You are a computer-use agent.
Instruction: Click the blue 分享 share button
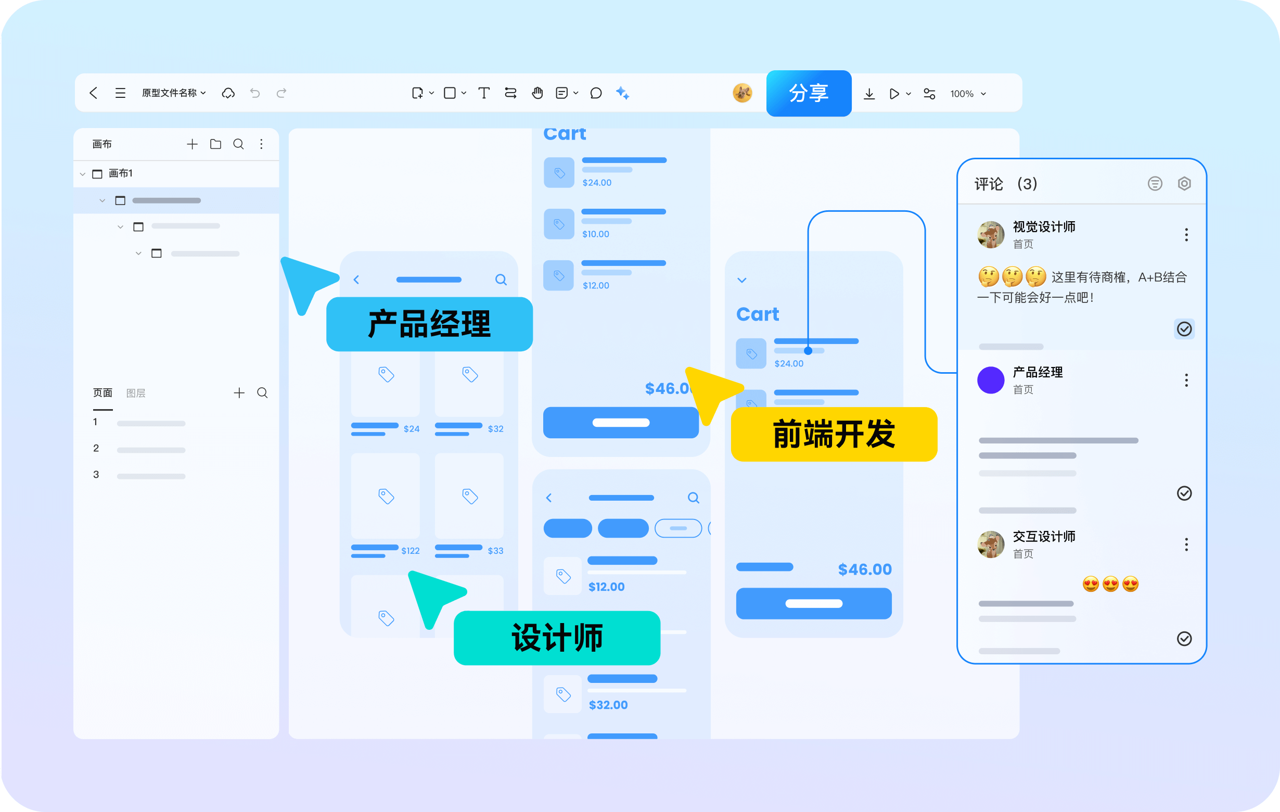point(809,93)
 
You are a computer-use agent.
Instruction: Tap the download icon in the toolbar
point(869,94)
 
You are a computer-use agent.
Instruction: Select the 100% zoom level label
point(962,94)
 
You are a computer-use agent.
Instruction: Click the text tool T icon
point(484,93)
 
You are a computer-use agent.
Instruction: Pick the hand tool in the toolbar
point(537,93)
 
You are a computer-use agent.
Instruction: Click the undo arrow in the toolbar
point(255,93)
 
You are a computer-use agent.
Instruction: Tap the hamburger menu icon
point(121,93)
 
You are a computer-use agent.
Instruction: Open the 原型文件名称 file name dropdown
point(173,93)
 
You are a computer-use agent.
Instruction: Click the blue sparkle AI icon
point(622,93)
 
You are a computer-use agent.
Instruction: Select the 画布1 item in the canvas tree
point(121,173)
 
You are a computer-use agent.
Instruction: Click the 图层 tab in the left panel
point(136,393)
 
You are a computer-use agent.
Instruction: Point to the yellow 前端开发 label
point(834,434)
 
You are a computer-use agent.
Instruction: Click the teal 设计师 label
point(557,638)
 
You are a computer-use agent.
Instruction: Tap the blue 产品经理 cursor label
point(429,324)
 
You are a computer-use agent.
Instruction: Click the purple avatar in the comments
point(991,380)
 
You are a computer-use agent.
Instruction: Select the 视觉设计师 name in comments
point(1044,227)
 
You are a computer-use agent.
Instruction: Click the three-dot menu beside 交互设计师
point(1186,544)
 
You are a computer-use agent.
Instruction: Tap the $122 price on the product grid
point(411,550)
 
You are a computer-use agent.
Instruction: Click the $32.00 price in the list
point(608,705)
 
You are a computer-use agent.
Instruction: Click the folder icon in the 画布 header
point(215,144)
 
